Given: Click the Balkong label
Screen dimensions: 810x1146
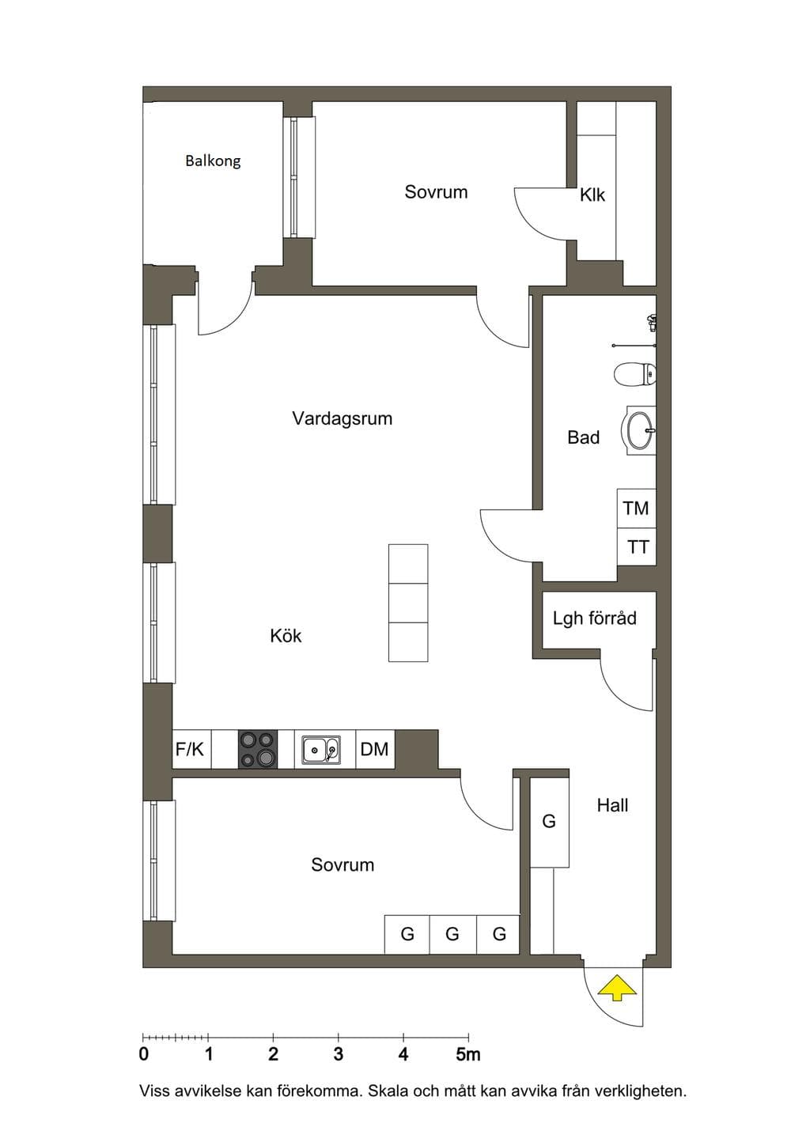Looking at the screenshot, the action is click(213, 161).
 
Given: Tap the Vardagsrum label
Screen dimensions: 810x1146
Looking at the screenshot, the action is click(343, 418).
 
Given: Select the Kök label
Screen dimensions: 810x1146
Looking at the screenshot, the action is click(286, 636).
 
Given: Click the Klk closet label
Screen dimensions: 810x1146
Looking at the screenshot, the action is click(592, 195).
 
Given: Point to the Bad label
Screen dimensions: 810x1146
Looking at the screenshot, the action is click(583, 437).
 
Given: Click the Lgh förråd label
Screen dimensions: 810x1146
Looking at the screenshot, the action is click(595, 618).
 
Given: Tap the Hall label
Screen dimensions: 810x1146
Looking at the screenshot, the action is click(612, 805).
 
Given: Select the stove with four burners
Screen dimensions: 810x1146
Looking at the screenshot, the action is click(258, 749).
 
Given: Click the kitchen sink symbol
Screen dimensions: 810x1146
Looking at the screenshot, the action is click(321, 750).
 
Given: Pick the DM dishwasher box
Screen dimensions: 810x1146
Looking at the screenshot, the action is click(375, 749).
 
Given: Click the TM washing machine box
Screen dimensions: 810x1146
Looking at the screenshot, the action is click(636, 509).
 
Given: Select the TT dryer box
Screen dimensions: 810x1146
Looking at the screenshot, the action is click(636, 547).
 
